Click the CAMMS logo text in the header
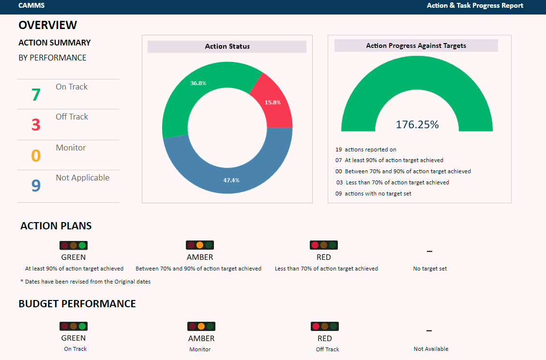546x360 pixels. pyautogui.click(x=31, y=6)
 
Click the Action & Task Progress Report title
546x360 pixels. pyautogui.click(x=475, y=6)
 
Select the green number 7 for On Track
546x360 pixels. pyautogui.click(x=36, y=95)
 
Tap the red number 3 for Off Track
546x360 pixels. pyautogui.click(x=36, y=125)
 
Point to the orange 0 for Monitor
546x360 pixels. pyautogui.click(x=36, y=156)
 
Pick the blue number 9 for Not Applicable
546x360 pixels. pyautogui.click(x=36, y=186)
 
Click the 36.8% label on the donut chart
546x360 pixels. pyautogui.click(x=198, y=83)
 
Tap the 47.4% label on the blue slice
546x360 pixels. pyautogui.click(x=231, y=180)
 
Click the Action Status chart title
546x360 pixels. pyautogui.click(x=227, y=46)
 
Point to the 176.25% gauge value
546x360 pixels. pyautogui.click(x=417, y=124)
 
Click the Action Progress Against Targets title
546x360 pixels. pyautogui.click(x=416, y=45)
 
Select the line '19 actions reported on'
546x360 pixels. pyautogui.click(x=366, y=150)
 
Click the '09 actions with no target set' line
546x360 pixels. pyautogui.click(x=373, y=194)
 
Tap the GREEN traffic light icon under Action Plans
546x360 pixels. pyautogui.click(x=73, y=245)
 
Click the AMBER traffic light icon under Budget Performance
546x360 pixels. pyautogui.click(x=201, y=326)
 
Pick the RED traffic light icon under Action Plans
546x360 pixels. pyautogui.click(x=323, y=245)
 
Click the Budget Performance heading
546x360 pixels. pyautogui.click(x=77, y=304)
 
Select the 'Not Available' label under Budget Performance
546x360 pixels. pyautogui.click(x=431, y=349)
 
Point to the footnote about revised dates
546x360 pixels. pyautogui.click(x=85, y=282)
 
